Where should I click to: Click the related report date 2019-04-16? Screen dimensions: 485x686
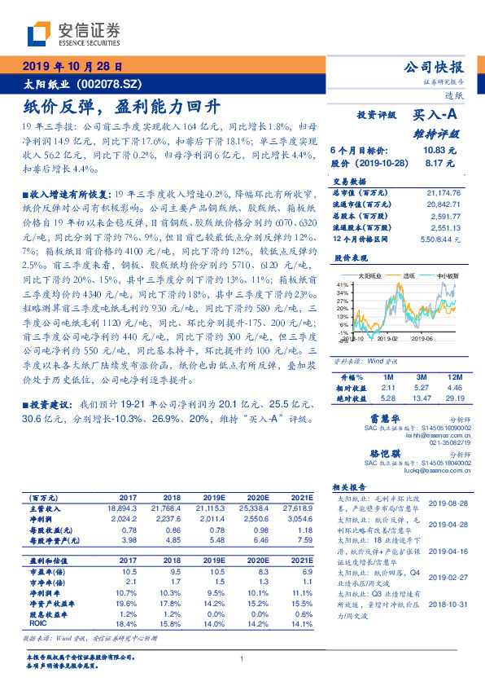pyautogui.click(x=443, y=551)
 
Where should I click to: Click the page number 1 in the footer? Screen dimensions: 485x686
pyautogui.click(x=242, y=659)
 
